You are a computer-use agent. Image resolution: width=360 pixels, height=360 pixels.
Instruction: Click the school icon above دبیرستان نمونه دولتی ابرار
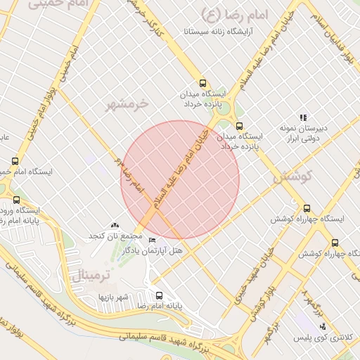303,117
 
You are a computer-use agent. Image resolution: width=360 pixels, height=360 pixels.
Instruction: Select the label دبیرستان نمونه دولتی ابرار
304,134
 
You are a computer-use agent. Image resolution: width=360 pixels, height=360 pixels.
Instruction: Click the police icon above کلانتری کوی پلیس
323,326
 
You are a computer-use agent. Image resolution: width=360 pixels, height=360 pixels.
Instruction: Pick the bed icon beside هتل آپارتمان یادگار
153,240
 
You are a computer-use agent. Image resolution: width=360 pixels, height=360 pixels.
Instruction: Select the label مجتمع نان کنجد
116,235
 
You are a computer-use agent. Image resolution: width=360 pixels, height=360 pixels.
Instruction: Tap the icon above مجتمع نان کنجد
115,225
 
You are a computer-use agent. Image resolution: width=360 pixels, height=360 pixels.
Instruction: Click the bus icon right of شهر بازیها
159,296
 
